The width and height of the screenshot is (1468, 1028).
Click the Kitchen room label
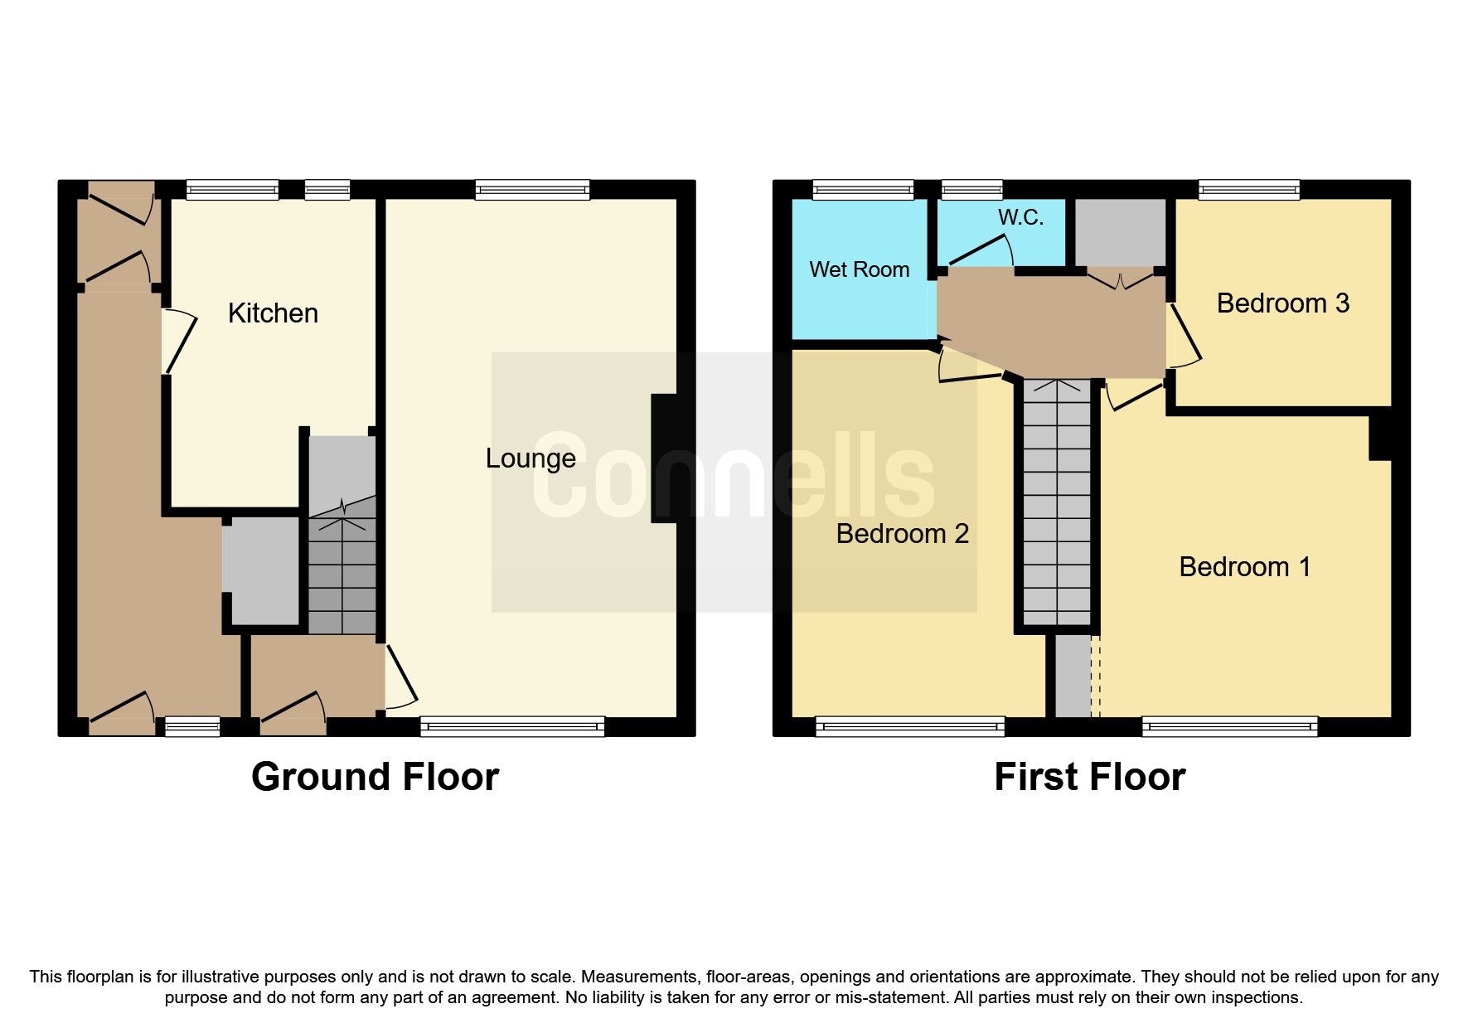[273, 313]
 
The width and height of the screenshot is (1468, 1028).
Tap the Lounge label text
[531, 458]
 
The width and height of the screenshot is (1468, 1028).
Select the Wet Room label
[859, 269]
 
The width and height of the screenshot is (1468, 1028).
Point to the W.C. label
[1020, 217]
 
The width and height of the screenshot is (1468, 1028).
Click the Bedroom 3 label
[1282, 303]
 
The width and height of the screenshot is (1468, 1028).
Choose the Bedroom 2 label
[902, 533]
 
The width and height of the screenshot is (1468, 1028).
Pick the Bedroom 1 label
[1244, 567]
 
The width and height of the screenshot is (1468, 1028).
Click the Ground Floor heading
[375, 777]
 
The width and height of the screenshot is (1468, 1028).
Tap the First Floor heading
[1089, 777]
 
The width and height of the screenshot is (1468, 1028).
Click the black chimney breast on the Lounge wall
[664, 458]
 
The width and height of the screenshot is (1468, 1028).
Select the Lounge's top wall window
[532, 191]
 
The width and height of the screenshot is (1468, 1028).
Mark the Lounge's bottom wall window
[512, 727]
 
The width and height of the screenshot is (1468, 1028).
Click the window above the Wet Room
[863, 191]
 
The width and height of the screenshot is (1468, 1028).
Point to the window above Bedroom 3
[1248, 191]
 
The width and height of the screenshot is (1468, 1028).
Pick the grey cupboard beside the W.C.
[1120, 232]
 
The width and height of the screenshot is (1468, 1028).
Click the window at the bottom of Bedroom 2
[909, 727]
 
